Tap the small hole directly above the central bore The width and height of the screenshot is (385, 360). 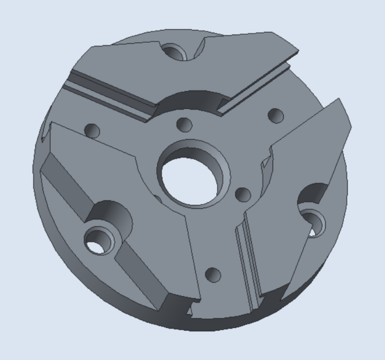click(x=184, y=124)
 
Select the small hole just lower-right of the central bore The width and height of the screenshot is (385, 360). click(x=243, y=195)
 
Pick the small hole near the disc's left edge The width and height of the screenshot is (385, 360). click(x=92, y=131)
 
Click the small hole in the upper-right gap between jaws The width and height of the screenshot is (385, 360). click(x=275, y=115)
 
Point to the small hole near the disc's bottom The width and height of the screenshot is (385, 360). click(x=213, y=275)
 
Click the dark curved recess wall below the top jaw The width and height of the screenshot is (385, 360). click(x=191, y=98)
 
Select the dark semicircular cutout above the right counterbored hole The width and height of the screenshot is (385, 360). click(x=313, y=194)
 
